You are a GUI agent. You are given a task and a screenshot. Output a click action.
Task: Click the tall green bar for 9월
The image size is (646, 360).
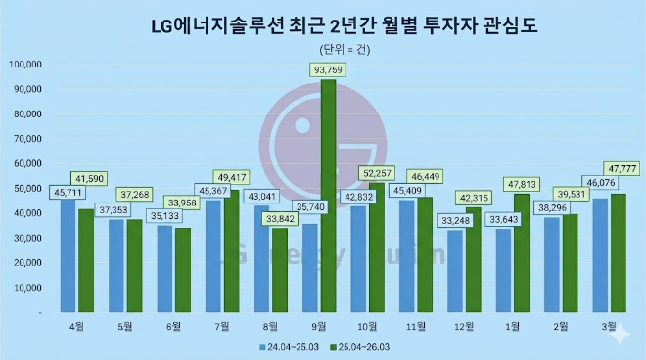pyautogui.click(x=328, y=196)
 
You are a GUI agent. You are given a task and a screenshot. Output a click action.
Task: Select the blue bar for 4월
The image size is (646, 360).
pyautogui.click(x=68, y=254)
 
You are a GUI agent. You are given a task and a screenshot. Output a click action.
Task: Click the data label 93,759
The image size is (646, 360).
pyautogui.click(x=328, y=68)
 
